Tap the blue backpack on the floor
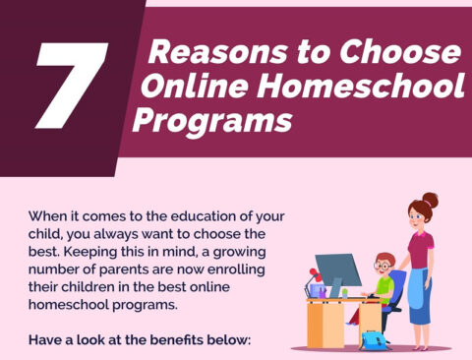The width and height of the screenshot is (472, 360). pos(374,340)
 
